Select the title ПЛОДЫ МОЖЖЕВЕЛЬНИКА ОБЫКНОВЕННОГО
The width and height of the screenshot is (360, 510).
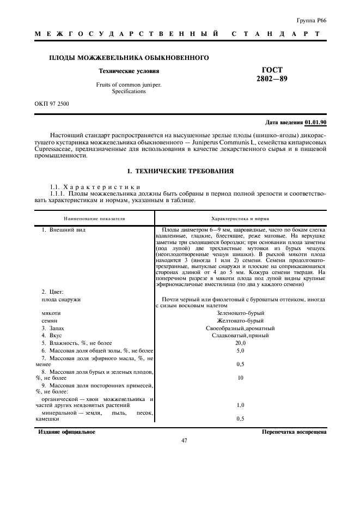point(130,57)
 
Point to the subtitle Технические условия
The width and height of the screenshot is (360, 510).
point(129,71)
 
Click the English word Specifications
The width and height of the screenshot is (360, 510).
point(129,92)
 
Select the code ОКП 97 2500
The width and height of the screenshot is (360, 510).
point(52,103)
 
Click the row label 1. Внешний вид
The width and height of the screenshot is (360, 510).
point(64,230)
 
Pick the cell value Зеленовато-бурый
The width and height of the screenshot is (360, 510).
point(240,314)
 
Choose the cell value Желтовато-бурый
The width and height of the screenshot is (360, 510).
point(240,321)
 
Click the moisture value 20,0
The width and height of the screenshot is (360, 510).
point(240,343)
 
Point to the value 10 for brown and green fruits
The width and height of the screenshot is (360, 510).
point(240,378)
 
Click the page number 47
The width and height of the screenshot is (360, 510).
point(184,441)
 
